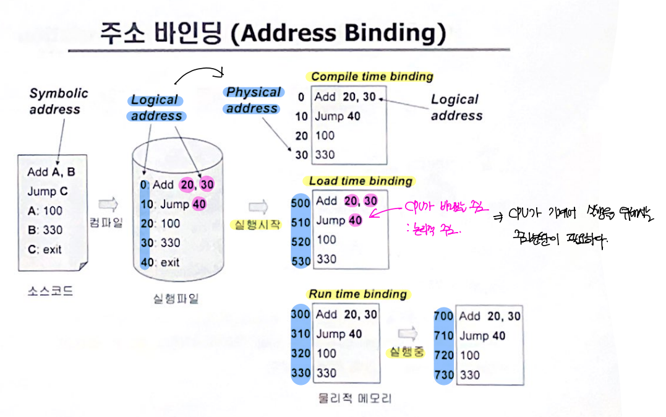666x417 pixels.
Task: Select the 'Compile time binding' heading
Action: pyautogui.click(x=372, y=77)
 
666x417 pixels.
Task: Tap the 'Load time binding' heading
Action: pyautogui.click(x=361, y=181)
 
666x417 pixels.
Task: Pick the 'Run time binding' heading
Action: pyautogui.click(x=357, y=294)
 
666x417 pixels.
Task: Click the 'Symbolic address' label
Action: pyautogui.click(x=58, y=101)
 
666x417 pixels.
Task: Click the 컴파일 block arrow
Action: pyautogui.click(x=107, y=204)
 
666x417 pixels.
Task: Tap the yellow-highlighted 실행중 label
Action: pyautogui.click(x=406, y=353)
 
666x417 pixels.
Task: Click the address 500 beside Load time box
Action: pyautogui.click(x=301, y=202)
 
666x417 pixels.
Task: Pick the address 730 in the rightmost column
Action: pyautogui.click(x=444, y=375)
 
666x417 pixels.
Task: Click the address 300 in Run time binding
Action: pyautogui.click(x=301, y=314)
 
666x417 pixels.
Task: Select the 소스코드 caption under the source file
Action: pyautogui.click(x=50, y=290)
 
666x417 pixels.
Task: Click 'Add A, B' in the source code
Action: pyautogui.click(x=51, y=173)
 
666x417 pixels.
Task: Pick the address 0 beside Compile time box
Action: pyautogui.click(x=301, y=97)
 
